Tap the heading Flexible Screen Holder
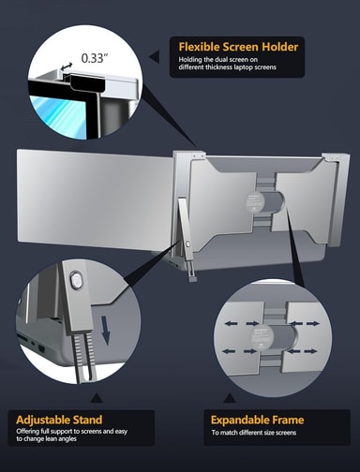pyautogui.click(x=238, y=47)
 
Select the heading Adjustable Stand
pyautogui.click(x=59, y=420)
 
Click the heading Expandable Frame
pyautogui.click(x=257, y=420)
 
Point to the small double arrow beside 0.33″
pyautogui.click(x=67, y=66)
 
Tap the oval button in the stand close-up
pyautogui.click(x=76, y=280)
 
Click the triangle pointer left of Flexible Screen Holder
pyautogui.click(x=155, y=57)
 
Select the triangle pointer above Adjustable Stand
pyautogui.click(x=97, y=398)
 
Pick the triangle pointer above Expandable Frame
pyautogui.click(x=230, y=398)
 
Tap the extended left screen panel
pyautogui.click(x=95, y=199)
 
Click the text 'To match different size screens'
pyautogui.click(x=254, y=433)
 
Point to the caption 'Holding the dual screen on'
pyautogui.click(x=218, y=59)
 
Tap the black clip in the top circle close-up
pyautogui.click(x=86, y=82)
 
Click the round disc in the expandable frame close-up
pyautogui.click(x=262, y=337)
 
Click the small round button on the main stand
pyautogui.click(x=187, y=243)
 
